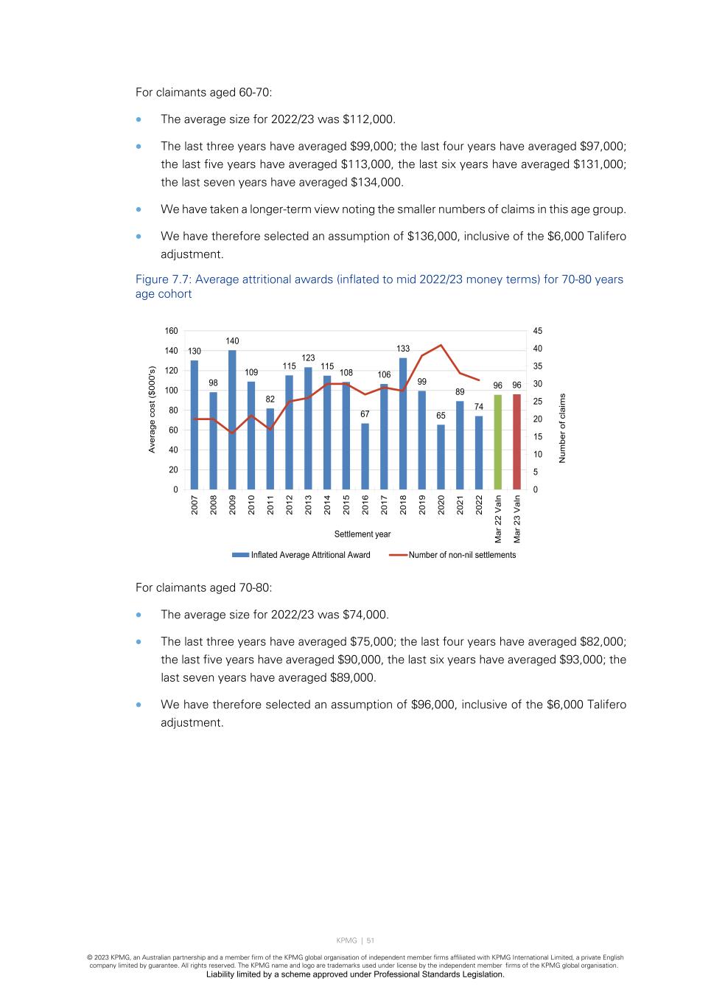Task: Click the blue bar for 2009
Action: click(232, 420)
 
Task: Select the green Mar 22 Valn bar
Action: click(498, 442)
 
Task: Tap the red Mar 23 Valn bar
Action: click(517, 442)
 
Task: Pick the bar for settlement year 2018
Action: click(403, 424)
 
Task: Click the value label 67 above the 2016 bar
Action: click(365, 414)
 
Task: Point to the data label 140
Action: click(232, 341)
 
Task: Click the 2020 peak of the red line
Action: click(441, 345)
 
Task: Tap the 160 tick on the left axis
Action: click(171, 331)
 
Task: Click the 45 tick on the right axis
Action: click(538, 331)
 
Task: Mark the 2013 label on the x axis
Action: click(309, 505)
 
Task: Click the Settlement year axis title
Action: click(362, 534)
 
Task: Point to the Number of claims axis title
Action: click(562, 428)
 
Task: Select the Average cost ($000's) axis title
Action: click(153, 410)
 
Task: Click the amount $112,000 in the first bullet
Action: click(368, 119)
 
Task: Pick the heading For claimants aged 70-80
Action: click(203, 588)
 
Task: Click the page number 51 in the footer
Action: click(371, 940)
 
